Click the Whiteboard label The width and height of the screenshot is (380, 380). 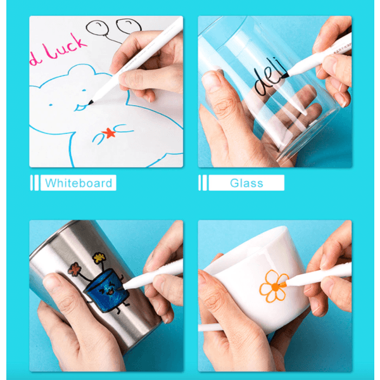coord(79,184)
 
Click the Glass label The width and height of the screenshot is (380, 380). coord(246,184)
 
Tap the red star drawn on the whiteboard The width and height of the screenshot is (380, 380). coord(108,134)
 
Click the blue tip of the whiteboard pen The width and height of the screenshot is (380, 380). coord(94,102)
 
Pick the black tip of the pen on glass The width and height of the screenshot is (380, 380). coord(284,77)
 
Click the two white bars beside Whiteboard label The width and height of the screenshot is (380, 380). coord(34,184)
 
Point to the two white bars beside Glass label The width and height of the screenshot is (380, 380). coord(202,184)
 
